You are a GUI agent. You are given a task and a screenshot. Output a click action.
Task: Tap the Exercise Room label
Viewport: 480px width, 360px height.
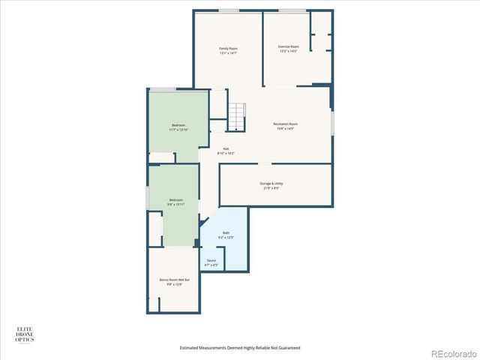click(x=289, y=46)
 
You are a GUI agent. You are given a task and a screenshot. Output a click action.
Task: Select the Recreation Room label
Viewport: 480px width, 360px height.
click(x=285, y=124)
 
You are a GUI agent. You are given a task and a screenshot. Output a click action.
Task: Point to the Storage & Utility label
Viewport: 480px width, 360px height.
click(x=271, y=183)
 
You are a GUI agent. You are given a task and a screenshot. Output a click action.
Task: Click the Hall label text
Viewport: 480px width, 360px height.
click(x=226, y=148)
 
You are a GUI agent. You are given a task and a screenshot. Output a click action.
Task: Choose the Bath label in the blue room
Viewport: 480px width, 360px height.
click(x=226, y=232)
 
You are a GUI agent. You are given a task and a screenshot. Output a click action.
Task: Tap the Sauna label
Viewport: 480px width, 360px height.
click(x=211, y=260)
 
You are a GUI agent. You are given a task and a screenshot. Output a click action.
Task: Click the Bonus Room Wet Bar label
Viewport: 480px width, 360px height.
click(x=174, y=280)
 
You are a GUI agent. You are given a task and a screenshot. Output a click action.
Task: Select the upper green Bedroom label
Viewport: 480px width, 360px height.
click(x=178, y=125)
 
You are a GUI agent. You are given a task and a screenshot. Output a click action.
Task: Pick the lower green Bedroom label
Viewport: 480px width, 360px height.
click(x=175, y=199)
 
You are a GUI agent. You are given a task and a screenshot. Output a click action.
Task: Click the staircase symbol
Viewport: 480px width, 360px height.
click(x=237, y=116)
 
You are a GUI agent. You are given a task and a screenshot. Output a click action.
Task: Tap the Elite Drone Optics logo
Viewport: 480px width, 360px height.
click(x=25, y=334)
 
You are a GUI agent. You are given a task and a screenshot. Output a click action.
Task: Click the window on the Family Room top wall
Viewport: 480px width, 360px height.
click(x=229, y=10)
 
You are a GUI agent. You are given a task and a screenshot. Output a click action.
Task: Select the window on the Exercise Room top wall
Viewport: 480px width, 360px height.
click(x=292, y=10)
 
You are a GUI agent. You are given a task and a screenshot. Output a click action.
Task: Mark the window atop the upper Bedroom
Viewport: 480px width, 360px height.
click(x=162, y=89)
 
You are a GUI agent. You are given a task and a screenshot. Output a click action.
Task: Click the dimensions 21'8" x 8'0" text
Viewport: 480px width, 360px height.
click(x=271, y=187)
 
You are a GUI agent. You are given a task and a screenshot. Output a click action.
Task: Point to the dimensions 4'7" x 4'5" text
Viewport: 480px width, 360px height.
click(x=211, y=265)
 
